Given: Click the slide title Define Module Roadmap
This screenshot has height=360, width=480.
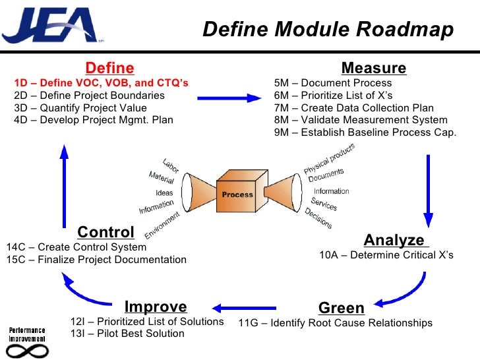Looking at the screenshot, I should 328,30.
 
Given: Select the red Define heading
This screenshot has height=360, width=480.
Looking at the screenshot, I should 110,68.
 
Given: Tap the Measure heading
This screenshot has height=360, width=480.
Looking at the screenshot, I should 373,68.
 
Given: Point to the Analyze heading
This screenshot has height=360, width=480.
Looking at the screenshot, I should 394,239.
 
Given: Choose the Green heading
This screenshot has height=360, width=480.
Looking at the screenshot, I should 341,308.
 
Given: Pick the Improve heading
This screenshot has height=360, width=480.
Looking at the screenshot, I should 156,307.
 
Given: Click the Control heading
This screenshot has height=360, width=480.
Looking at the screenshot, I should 105,232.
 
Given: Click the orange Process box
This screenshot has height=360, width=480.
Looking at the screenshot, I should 237,195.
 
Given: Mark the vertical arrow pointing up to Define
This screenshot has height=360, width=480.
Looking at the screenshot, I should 64,185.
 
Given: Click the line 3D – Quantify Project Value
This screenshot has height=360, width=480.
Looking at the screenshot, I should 80,107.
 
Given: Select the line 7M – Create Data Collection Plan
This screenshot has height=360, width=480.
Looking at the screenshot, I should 353,107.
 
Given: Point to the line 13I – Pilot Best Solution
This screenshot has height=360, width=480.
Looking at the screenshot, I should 127,334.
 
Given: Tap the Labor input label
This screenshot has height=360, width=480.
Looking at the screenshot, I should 171,165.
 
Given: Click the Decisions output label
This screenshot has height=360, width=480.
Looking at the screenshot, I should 318,218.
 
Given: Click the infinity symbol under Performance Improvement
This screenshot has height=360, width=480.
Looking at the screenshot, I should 28,348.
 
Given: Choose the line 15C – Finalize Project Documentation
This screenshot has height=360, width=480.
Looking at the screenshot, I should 96,259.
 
